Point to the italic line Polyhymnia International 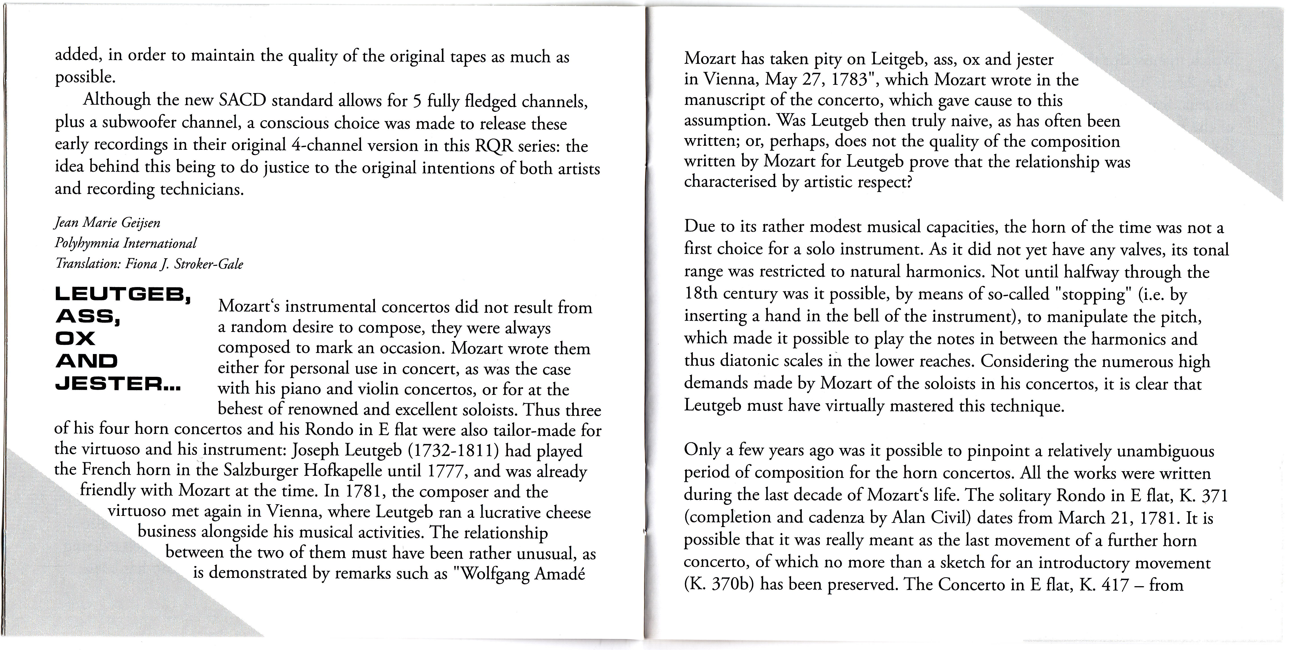click(126, 243)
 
